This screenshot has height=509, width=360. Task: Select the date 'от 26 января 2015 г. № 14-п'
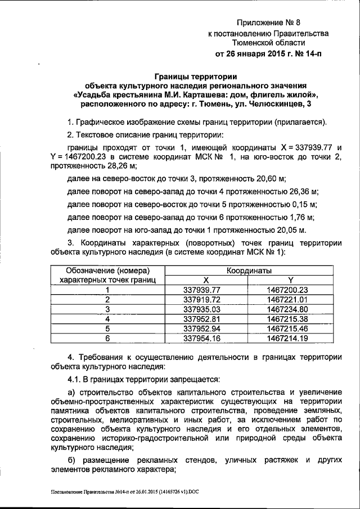269,55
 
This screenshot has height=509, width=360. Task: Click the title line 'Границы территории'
196,76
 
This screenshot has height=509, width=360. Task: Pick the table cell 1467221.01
289,299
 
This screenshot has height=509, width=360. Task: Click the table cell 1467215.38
289,318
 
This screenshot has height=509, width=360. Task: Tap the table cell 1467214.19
289,337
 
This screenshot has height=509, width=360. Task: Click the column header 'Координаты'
248,271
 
